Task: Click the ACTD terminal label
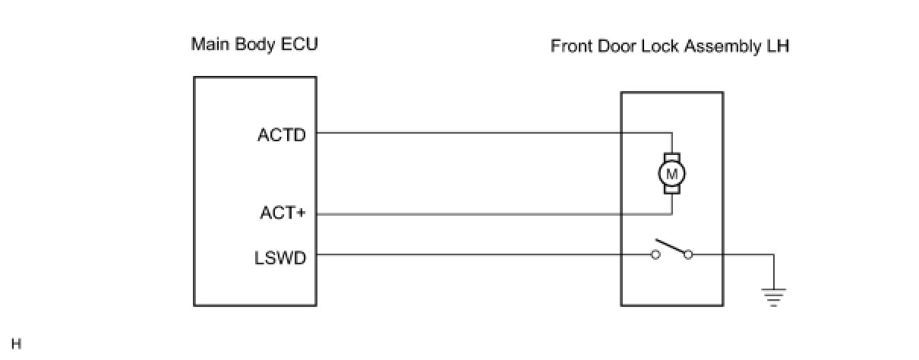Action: (x=282, y=135)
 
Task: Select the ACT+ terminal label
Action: (x=283, y=213)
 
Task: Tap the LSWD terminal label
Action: (x=280, y=258)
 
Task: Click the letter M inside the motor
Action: (x=671, y=175)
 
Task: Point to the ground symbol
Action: (x=774, y=297)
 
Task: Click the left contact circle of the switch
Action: (x=655, y=255)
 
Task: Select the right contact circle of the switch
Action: (x=688, y=255)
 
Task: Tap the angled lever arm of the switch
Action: (x=671, y=246)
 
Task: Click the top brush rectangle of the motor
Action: (x=672, y=158)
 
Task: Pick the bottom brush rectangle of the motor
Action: (x=672, y=189)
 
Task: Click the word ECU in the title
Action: (x=299, y=44)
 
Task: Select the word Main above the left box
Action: (x=210, y=44)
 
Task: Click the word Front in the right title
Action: (x=571, y=46)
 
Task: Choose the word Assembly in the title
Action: (x=723, y=47)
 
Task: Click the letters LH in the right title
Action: (x=778, y=46)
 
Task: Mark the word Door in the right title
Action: (x=617, y=46)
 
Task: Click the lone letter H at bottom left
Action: (x=17, y=344)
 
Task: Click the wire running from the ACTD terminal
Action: (x=494, y=133)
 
